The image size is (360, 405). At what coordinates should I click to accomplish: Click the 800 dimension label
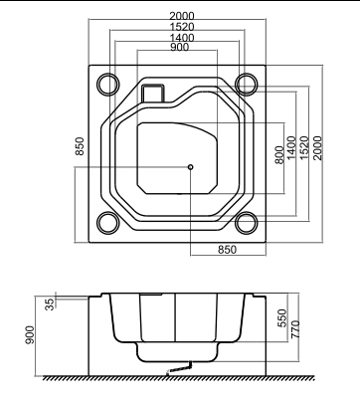(279, 154)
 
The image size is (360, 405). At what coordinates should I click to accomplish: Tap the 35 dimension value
(49, 304)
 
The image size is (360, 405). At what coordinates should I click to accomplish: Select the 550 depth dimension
(281, 318)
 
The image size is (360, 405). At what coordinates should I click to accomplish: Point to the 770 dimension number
(295, 329)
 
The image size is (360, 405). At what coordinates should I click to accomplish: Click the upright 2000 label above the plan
(182, 16)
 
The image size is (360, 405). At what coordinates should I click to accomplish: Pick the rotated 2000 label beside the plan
(317, 148)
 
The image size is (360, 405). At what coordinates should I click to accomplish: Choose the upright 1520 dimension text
(182, 27)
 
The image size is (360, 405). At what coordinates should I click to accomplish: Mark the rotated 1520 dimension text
(304, 148)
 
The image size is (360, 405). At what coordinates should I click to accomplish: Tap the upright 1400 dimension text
(182, 38)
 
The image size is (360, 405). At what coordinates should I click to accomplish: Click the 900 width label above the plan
(179, 47)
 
